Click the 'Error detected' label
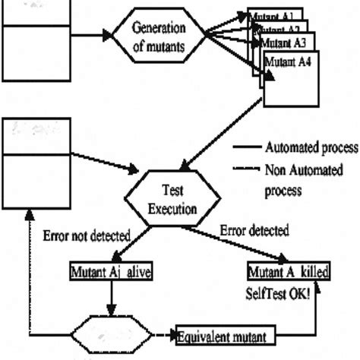coord(254,229)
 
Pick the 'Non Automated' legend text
coord(303,169)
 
